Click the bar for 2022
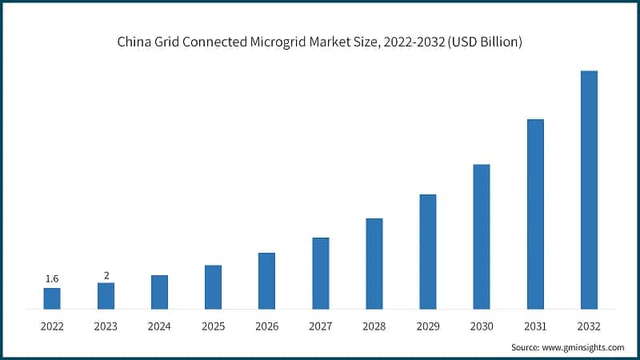(52, 298)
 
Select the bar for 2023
(106, 296)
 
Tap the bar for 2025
(213, 287)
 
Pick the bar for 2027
(321, 273)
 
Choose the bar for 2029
(428, 251)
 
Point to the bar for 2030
(482, 237)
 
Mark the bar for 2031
(535, 214)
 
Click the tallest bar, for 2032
(589, 190)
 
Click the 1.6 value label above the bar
(52, 278)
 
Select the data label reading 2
(106, 275)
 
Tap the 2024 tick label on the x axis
(159, 326)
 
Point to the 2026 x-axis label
(266, 326)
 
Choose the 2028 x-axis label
(374, 326)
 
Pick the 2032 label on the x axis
(589, 326)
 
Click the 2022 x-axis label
(52, 326)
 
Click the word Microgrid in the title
(286, 42)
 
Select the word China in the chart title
(134, 42)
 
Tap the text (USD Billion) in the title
(484, 42)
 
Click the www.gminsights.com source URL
(584, 348)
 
